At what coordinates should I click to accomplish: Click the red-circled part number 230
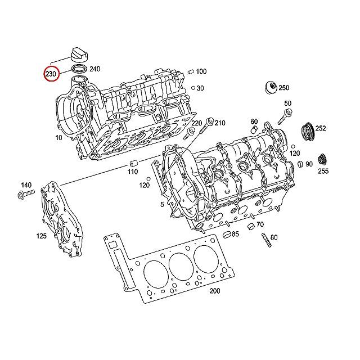51,74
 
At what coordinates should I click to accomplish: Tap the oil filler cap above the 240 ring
80,55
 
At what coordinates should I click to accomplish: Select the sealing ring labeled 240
79,69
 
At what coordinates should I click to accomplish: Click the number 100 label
201,71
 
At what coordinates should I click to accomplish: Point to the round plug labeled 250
271,88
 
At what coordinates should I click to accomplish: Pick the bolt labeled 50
285,116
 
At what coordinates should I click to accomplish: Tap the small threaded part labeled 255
323,159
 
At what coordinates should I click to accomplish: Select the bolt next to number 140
26,194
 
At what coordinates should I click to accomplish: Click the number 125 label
41,236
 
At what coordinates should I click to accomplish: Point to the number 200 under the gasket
215,291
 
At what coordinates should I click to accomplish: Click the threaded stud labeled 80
266,240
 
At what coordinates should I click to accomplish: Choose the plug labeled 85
227,235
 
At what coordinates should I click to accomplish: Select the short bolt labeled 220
189,134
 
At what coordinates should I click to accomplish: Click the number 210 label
220,123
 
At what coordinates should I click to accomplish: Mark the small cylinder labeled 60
254,129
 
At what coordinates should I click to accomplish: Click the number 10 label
58,138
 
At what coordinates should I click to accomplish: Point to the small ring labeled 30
193,88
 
